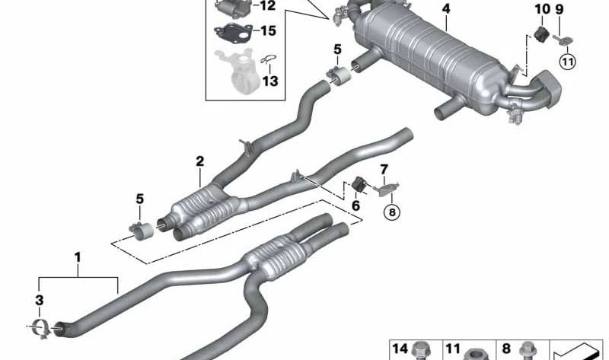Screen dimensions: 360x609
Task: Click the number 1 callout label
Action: pyautogui.click(x=77, y=258)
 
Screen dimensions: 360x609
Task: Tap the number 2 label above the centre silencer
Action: pyautogui.click(x=199, y=161)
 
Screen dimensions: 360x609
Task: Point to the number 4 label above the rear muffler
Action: pyautogui.click(x=445, y=9)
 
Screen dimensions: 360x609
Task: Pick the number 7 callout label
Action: pyautogui.click(x=384, y=168)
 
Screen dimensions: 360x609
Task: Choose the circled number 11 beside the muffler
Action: pyautogui.click(x=566, y=59)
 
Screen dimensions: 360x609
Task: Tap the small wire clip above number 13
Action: pyautogui.click(x=268, y=59)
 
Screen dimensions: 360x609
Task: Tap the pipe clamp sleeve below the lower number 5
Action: pyautogui.click(x=141, y=228)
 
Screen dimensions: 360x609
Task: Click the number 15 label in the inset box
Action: pyautogui.click(x=268, y=32)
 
